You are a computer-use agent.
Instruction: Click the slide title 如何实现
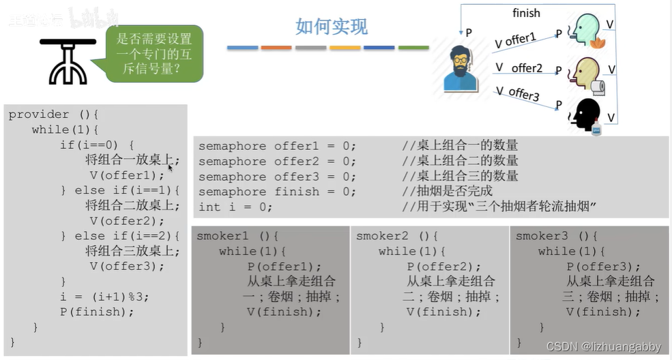coord(332,27)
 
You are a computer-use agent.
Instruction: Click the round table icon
coord(66,61)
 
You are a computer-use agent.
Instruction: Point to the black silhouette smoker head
coord(585,114)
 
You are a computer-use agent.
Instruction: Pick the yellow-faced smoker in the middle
coord(586,72)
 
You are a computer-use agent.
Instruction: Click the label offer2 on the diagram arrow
coord(527,67)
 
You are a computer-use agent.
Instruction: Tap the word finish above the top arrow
coord(526,13)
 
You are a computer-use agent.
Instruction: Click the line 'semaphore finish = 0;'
coord(277,192)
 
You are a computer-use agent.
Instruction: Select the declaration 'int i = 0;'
coord(231,207)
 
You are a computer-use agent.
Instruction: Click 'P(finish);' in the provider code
coord(97,312)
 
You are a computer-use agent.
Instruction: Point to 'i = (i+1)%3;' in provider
coord(104,297)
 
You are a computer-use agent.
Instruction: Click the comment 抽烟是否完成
coord(447,192)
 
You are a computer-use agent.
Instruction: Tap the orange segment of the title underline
coord(276,48)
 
